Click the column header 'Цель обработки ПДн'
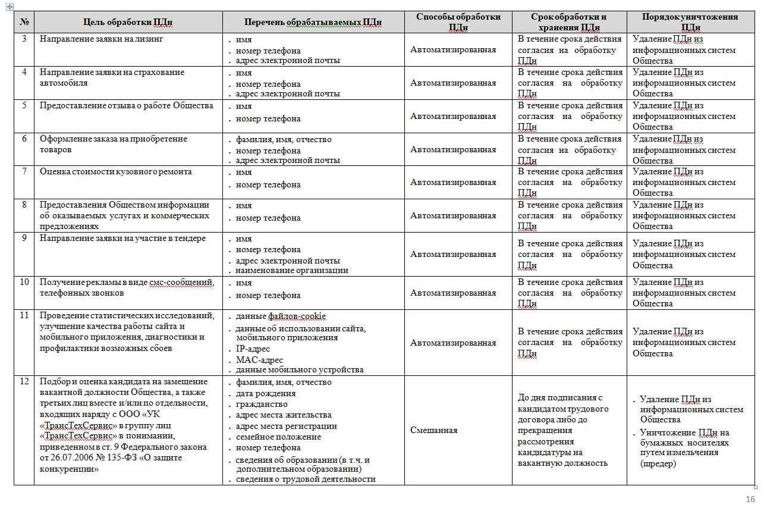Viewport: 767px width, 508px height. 128,22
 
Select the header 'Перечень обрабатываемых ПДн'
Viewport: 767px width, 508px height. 313,22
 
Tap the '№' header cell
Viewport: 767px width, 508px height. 24,22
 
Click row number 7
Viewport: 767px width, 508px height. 24,172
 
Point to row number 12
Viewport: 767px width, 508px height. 24,382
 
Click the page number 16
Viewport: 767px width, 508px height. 750,499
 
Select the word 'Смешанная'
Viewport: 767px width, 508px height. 433,430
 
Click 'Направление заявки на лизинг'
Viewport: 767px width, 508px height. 101,39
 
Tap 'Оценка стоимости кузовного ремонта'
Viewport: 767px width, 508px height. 116,172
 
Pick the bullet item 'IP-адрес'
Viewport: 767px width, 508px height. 253,349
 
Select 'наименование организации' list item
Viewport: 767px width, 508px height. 292,270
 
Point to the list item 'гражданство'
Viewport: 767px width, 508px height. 262,404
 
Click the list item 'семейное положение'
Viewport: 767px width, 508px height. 278,437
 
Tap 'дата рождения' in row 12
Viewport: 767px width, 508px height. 266,393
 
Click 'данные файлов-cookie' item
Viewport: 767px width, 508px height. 281,316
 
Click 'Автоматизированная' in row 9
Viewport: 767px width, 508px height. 453,255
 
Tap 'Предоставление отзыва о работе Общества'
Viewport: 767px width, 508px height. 127,106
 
